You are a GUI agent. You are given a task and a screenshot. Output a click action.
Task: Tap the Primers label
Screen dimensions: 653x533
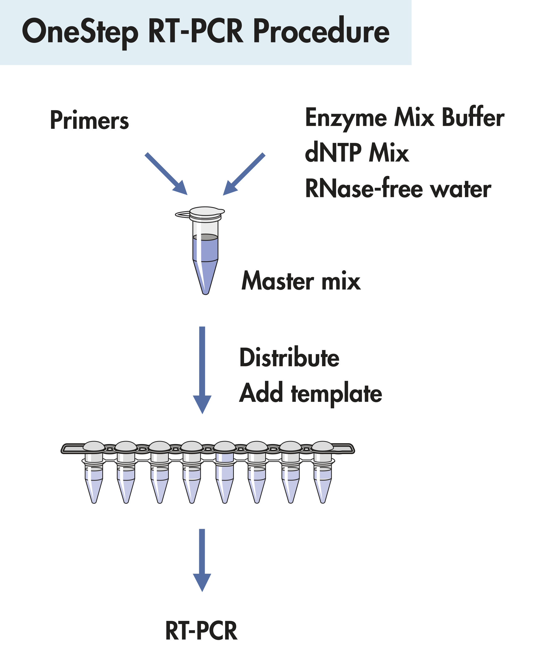(x=89, y=120)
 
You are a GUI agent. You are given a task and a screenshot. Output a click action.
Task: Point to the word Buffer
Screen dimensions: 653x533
(x=473, y=118)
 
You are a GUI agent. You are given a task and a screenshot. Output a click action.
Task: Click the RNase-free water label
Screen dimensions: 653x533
(x=398, y=189)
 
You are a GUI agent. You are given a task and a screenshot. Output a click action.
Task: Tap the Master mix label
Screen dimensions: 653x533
(x=301, y=281)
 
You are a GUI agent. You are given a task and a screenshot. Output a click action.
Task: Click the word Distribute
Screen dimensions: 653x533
(x=289, y=358)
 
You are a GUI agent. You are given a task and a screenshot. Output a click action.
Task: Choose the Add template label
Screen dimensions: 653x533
(x=310, y=394)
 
